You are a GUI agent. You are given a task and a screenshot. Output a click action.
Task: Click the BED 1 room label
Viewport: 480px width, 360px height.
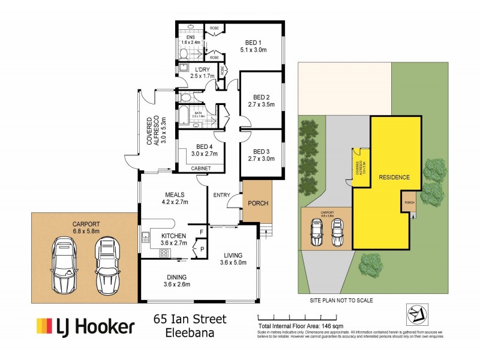point(252,42)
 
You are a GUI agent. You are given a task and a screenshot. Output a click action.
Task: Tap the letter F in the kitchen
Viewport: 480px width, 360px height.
point(201,230)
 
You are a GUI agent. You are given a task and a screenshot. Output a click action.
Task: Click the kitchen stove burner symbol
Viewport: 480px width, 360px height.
point(163,254)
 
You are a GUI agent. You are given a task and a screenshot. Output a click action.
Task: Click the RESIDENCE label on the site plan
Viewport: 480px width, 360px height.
point(394,178)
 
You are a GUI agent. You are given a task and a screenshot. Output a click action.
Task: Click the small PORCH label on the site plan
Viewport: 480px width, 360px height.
point(410,202)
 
